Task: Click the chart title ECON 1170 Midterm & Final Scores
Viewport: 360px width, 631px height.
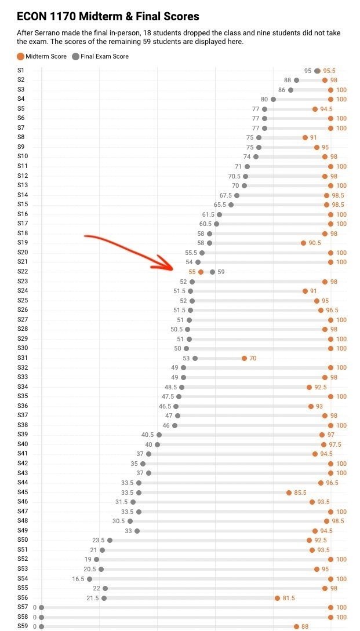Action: pos(108,16)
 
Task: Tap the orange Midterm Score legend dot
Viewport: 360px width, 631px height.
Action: pos(20,56)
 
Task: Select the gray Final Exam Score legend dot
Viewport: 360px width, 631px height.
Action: pos(76,56)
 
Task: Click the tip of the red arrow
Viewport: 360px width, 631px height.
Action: pos(173,268)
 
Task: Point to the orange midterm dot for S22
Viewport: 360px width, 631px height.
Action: pos(201,272)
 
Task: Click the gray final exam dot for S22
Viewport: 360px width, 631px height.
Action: pos(213,272)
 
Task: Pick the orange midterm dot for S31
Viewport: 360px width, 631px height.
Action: pos(245,358)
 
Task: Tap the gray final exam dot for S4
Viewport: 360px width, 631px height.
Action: pos(274,100)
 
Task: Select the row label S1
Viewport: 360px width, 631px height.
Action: pos(21,71)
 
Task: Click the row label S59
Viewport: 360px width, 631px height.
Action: pos(23,626)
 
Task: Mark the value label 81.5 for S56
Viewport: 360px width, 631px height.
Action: pos(289,598)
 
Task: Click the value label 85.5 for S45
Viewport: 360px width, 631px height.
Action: pos(300,493)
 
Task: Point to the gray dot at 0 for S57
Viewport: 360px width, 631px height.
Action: pos(42,608)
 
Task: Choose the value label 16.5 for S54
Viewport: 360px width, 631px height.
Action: pos(78,579)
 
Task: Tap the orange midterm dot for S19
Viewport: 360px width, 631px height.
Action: pos(304,243)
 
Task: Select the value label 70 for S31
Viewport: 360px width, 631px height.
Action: pos(253,358)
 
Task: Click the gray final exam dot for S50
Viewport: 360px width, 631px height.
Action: pos(110,541)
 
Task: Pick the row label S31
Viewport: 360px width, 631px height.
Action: pos(23,358)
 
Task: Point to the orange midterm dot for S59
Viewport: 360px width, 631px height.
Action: pos(297,626)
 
